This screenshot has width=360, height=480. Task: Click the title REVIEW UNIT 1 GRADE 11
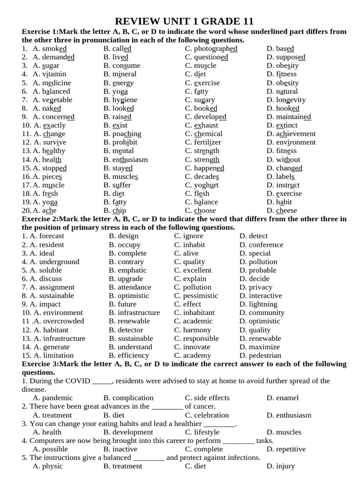coord(184,21)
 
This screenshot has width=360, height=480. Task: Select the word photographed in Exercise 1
coord(216,49)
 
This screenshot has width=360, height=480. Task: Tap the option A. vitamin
coord(49,74)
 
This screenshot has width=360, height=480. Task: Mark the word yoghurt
coord(206,185)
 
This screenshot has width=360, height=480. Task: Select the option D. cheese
coord(282,211)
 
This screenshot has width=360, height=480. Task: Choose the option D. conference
coord(261,245)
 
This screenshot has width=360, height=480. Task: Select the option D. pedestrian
coord(260,356)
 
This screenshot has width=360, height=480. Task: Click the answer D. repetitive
coord(285,449)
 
